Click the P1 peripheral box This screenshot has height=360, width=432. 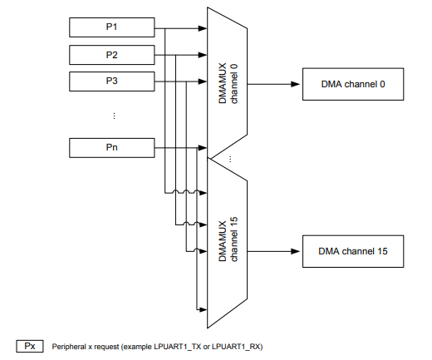(x=111, y=27)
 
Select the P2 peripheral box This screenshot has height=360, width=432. (x=111, y=55)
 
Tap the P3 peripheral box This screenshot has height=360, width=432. (x=111, y=82)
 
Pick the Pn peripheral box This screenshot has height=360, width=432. (x=111, y=148)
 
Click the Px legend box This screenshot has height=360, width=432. (x=30, y=345)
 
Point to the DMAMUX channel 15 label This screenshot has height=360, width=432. (x=227, y=240)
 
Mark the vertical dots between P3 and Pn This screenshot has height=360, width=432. (x=114, y=116)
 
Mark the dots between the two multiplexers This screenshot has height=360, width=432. (x=230, y=158)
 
